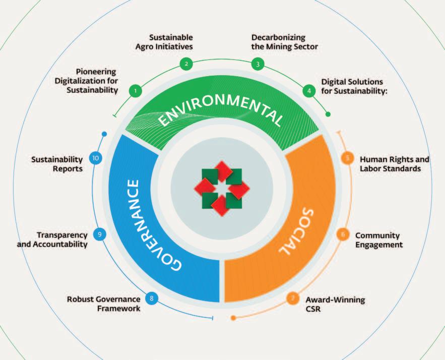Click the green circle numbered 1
pyautogui.click(x=135, y=91)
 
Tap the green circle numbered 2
pyautogui.click(x=186, y=64)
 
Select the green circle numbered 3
pyautogui.click(x=258, y=64)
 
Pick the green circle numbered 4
pyautogui.click(x=308, y=91)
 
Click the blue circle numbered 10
pyautogui.click(x=95, y=158)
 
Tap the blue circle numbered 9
pyautogui.click(x=100, y=234)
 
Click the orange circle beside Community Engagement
pyautogui.click(x=343, y=234)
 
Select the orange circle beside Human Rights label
pyautogui.click(x=348, y=158)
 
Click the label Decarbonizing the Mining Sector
pyautogui.click(x=285, y=42)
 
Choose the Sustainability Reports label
pyautogui.click(x=57, y=164)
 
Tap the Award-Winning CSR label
pyautogui.click(x=335, y=305)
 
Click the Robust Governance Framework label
pyautogui.click(x=104, y=304)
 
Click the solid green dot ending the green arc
pyautogui.click(x=328, y=114)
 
